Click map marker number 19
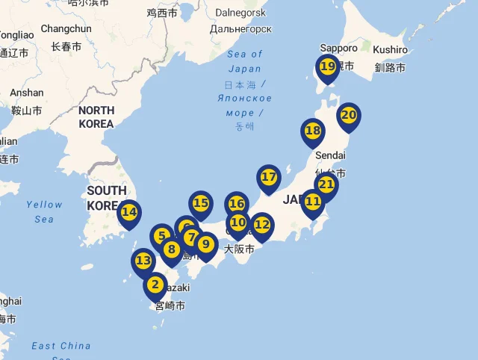pos(327,67)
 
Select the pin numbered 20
pos(348,116)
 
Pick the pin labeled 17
pos(268,178)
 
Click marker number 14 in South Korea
pos(129,212)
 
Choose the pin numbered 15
pos(200,203)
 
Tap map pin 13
pos(143,261)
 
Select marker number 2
pos(155,285)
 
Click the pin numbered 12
pos(261,224)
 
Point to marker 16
pos(237,204)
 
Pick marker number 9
pos(206,244)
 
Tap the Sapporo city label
pos(338,48)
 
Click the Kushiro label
pos(391,49)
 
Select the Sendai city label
pos(331,155)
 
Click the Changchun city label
pos(66,28)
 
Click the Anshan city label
pos(27,93)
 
